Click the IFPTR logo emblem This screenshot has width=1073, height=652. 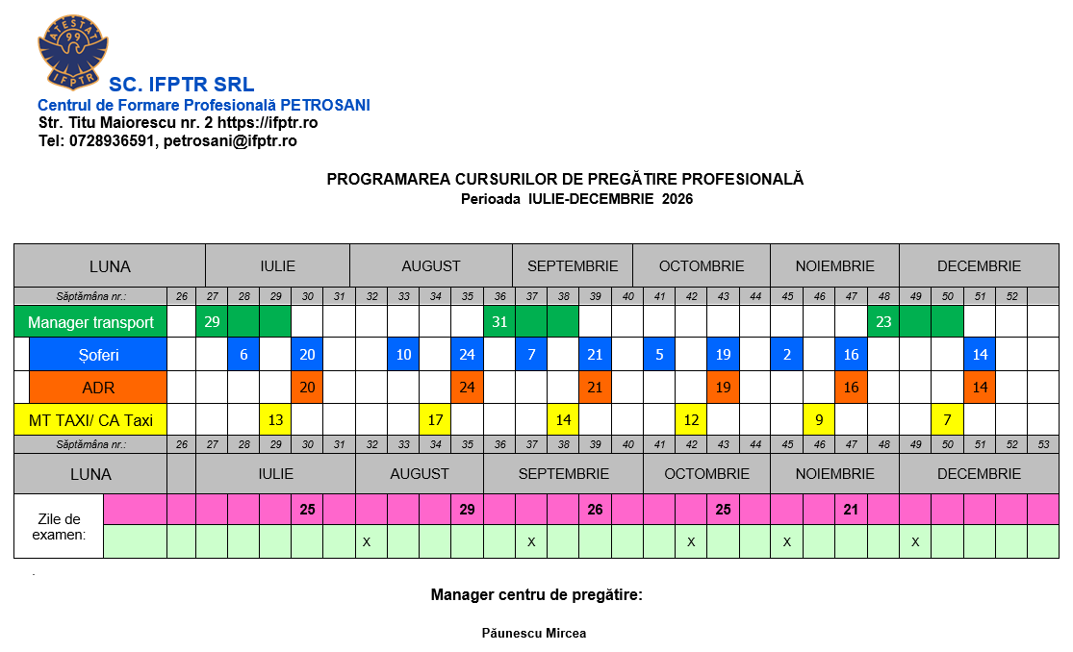(72, 49)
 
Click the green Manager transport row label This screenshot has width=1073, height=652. (90, 322)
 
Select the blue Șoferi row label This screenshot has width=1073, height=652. (98, 355)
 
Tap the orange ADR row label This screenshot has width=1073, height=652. (98, 388)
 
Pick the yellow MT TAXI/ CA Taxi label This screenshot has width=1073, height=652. (90, 420)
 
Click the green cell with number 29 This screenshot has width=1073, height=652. (212, 322)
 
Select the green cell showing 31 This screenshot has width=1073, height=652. (499, 322)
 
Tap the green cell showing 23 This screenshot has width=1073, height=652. (882, 322)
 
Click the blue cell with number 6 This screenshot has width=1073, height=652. (243, 355)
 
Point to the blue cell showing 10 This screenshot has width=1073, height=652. (403, 355)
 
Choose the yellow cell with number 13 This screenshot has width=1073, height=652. (275, 420)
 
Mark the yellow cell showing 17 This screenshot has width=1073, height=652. (435, 420)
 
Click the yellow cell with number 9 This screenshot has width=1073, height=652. (818, 420)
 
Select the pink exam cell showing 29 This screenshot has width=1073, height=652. (467, 510)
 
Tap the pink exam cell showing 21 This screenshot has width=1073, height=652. (851, 510)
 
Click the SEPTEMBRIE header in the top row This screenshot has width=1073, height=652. (573, 266)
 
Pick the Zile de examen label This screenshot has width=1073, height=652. (59, 526)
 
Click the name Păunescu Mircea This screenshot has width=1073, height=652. (534, 634)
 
